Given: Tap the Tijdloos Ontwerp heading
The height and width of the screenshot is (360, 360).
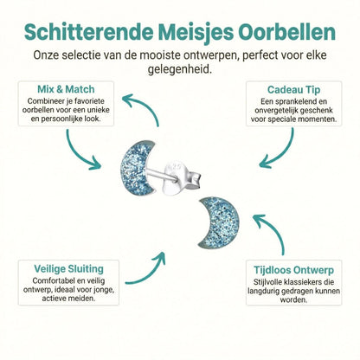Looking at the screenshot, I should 294,268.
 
